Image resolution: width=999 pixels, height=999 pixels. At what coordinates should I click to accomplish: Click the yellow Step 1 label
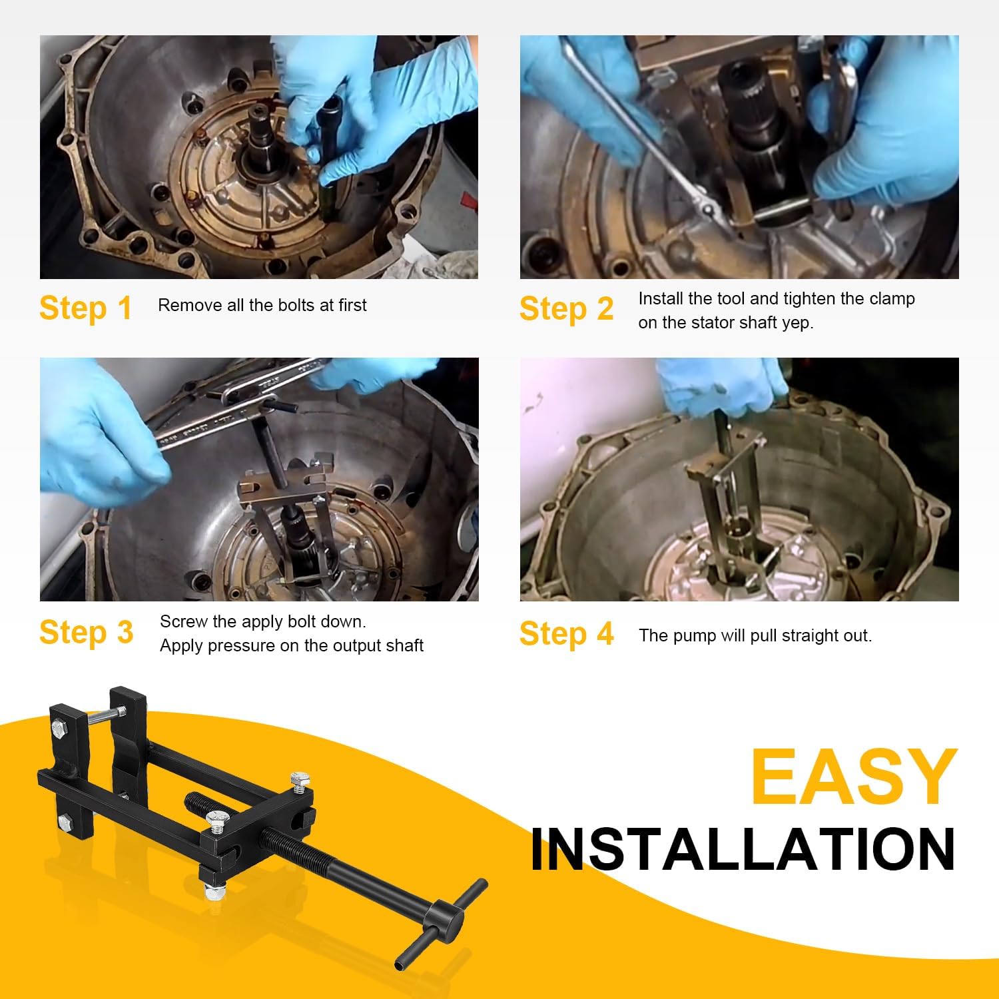[85, 308]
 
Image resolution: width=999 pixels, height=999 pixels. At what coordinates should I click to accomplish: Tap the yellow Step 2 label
[566, 309]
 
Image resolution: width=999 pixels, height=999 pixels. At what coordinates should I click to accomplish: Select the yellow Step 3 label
[86, 632]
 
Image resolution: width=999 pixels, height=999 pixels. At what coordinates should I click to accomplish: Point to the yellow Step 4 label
[566, 633]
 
